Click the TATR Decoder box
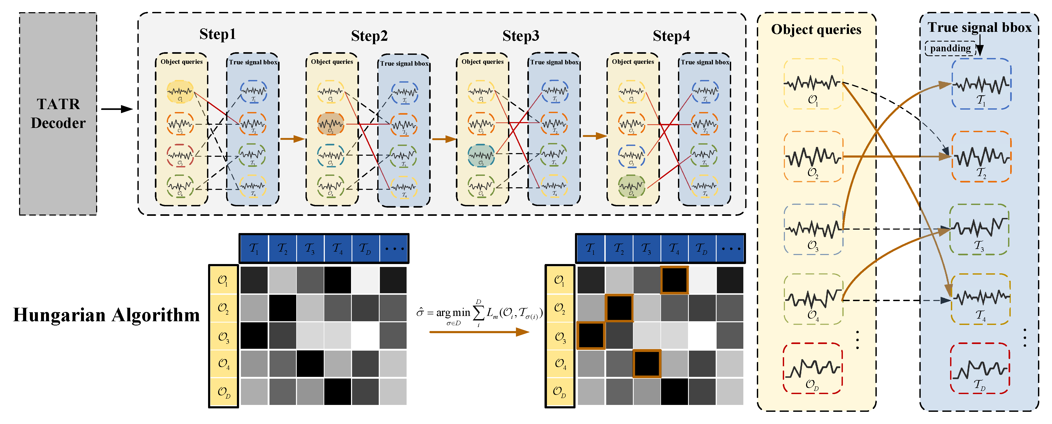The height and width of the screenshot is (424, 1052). pos(58,114)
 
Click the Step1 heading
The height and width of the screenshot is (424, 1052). pos(217,34)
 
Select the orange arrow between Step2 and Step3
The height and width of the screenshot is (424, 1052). pos(444,139)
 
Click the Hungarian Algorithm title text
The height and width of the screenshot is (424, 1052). pos(106,315)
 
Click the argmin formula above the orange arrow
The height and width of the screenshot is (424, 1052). pos(479,313)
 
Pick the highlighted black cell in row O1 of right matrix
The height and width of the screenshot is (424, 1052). pos(674,280)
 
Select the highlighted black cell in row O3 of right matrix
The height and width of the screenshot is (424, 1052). pos(591,335)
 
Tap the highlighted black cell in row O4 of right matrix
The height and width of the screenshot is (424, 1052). pos(646,363)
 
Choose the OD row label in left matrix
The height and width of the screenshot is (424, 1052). pos(223,392)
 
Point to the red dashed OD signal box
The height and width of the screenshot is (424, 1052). pos(812,368)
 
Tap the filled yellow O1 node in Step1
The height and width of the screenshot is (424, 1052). pos(180,92)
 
